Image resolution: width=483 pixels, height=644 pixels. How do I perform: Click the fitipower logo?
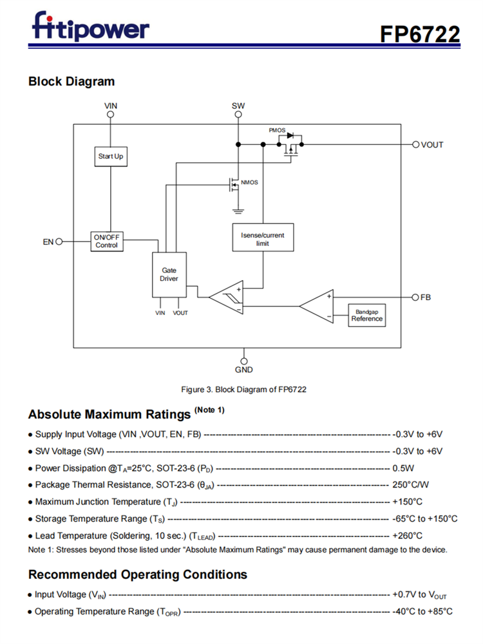(x=91, y=28)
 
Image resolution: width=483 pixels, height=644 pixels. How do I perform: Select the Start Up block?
(x=111, y=156)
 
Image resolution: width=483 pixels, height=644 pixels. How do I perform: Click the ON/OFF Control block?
(x=107, y=241)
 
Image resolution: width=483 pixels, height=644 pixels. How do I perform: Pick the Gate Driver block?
(x=169, y=275)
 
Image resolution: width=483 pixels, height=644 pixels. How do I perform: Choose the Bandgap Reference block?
(x=366, y=315)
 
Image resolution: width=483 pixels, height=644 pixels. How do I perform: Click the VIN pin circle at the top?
(x=111, y=115)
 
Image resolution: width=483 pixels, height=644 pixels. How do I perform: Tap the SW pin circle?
(x=238, y=115)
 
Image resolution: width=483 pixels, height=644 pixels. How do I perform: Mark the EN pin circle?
(x=60, y=242)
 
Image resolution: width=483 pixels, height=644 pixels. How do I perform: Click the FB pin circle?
(x=415, y=297)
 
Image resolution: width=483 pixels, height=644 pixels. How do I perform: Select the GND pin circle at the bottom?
(x=244, y=360)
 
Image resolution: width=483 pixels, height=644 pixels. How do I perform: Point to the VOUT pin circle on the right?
(x=416, y=144)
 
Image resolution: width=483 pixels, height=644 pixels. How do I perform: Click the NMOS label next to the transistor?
(x=249, y=182)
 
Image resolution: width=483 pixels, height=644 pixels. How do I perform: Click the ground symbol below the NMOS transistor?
(x=238, y=209)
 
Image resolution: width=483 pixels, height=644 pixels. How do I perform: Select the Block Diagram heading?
(x=71, y=82)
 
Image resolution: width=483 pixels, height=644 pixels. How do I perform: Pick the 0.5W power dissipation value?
(x=403, y=468)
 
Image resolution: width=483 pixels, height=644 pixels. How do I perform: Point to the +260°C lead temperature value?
(x=407, y=535)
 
